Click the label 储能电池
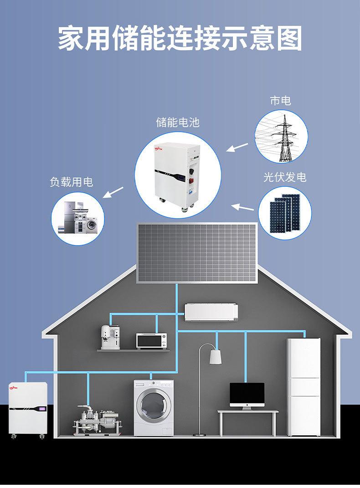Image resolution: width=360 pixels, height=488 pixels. pos(178,123)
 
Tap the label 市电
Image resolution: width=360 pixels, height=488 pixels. pos(280,101)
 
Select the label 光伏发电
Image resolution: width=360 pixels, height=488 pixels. pos(285,177)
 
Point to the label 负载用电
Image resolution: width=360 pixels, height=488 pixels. pos(71,182)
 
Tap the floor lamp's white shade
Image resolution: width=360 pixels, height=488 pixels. pos(216,357)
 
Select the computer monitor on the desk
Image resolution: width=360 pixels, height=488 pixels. pos(247,394)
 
